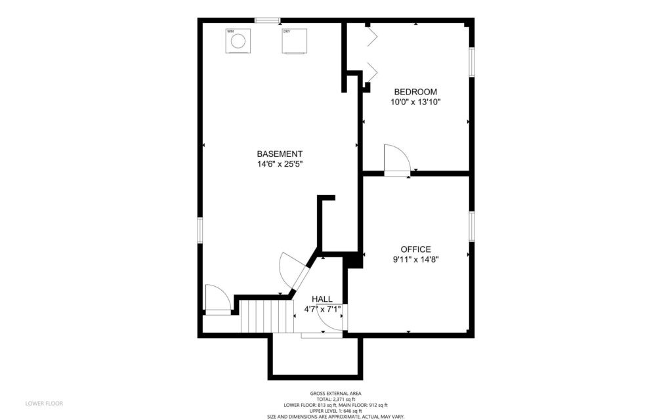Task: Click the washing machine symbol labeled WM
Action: coord(238,41)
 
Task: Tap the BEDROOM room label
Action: coord(415,92)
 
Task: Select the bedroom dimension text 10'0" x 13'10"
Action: coord(415,102)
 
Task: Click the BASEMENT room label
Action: coord(280,154)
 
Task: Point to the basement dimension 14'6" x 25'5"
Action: coord(280,164)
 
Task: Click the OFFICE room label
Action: coord(415,249)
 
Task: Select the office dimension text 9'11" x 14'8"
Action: coord(415,259)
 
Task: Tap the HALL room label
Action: coord(322,299)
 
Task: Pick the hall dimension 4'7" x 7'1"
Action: coord(322,308)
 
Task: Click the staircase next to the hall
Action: coord(266,316)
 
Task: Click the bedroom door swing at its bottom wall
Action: coord(396,160)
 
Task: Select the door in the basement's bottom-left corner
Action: coord(217,300)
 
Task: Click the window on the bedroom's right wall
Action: coord(471,62)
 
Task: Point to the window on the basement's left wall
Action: coord(200,231)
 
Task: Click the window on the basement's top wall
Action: coord(267,20)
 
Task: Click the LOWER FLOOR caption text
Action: coord(44,403)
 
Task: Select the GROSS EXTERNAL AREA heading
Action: coord(335,393)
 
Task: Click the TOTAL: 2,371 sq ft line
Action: coord(335,399)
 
